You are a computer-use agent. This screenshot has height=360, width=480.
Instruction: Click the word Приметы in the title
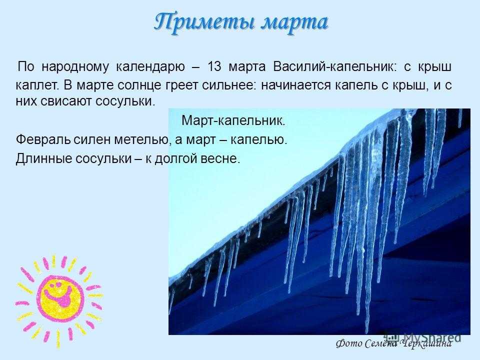click(x=203, y=22)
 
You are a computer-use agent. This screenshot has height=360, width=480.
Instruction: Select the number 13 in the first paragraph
click(x=214, y=66)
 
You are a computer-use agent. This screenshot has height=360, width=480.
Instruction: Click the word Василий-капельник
click(x=334, y=66)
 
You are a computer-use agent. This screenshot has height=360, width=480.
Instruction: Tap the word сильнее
click(x=228, y=85)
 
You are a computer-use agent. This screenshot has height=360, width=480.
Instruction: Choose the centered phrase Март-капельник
click(x=233, y=120)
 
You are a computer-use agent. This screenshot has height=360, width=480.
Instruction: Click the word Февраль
click(x=43, y=140)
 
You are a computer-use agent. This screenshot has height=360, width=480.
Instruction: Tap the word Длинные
click(x=43, y=158)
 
